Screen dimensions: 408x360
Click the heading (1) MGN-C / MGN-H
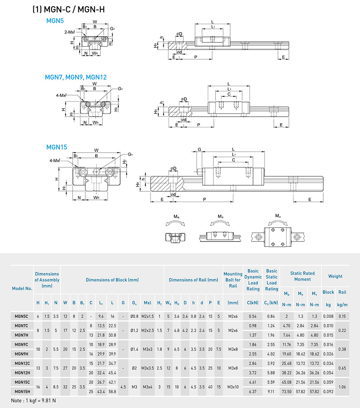(x=68, y=9)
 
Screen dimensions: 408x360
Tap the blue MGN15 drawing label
(x=57, y=147)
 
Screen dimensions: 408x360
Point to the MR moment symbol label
(x=176, y=216)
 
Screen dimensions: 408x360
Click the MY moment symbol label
(x=278, y=216)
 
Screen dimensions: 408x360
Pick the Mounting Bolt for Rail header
(x=233, y=279)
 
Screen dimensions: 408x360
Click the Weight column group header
(x=335, y=276)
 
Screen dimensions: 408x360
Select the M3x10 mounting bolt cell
(x=233, y=386)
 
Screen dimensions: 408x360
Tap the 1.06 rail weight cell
(x=342, y=386)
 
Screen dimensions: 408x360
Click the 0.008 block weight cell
(x=328, y=316)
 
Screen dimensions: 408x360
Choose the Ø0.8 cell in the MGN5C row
(x=134, y=316)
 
